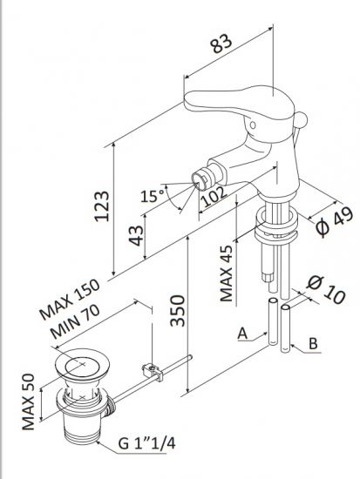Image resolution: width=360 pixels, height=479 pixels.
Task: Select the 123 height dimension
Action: [103, 205]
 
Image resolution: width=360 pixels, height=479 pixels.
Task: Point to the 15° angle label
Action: [157, 196]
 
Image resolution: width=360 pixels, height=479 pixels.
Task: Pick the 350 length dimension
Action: [176, 309]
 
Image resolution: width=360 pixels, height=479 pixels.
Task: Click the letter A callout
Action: [245, 332]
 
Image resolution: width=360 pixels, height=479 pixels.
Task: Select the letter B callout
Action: [312, 344]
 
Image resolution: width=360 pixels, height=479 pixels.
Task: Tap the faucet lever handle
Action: [228, 98]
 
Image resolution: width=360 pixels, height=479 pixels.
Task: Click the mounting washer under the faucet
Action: [275, 232]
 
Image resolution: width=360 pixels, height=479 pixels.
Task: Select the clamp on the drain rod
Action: [156, 372]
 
